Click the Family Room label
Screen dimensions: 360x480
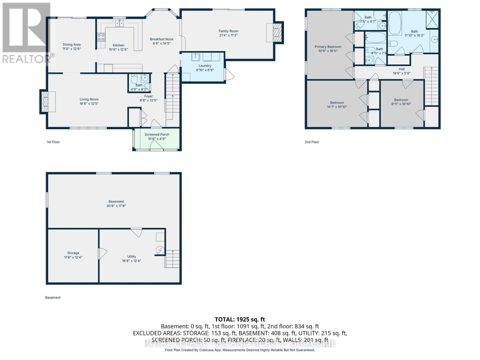click(x=228, y=31)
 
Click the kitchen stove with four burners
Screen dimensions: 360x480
click(x=101, y=37)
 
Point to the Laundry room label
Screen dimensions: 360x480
click(x=205, y=66)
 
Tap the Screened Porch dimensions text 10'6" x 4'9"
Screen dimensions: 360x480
click(x=157, y=139)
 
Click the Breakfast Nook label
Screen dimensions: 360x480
click(x=162, y=39)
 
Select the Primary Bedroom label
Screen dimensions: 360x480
click(x=328, y=47)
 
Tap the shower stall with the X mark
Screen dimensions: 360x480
click(x=432, y=19)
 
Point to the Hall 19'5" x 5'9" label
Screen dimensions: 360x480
click(x=402, y=71)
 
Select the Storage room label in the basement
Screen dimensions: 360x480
click(x=73, y=253)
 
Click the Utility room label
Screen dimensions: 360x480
click(x=131, y=256)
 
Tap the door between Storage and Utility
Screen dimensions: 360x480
click(x=101, y=254)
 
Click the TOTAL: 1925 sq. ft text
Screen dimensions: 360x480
click(x=240, y=319)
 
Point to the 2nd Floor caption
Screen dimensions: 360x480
click(x=312, y=142)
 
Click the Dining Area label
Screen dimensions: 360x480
click(x=71, y=45)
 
